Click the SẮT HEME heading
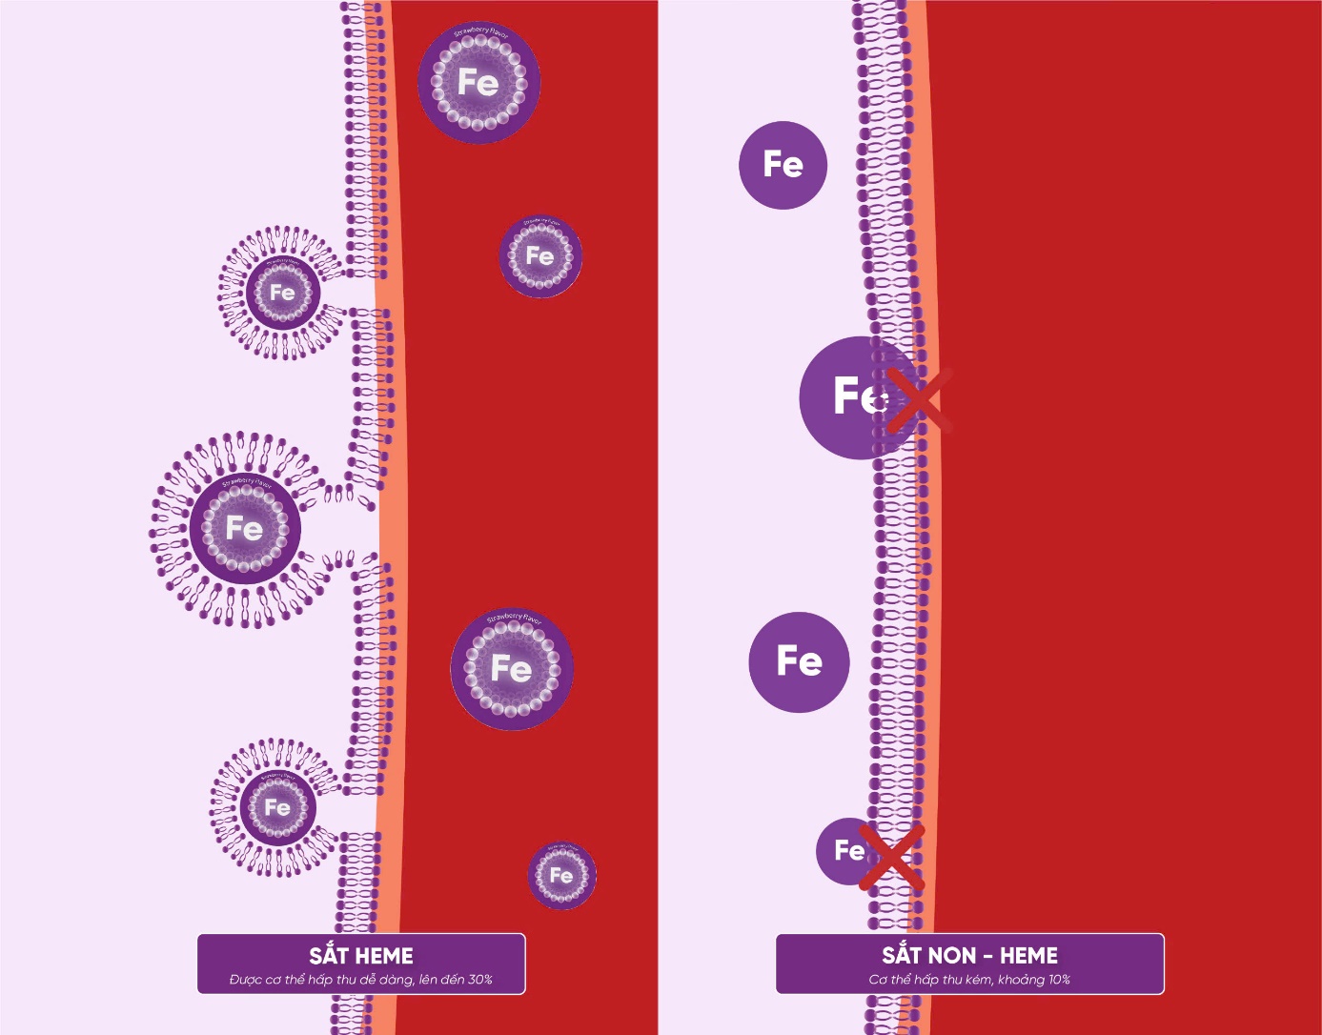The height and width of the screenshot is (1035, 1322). click(x=361, y=956)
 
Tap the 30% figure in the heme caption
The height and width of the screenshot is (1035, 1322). click(x=479, y=980)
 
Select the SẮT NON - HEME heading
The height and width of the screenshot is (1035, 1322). click(x=969, y=956)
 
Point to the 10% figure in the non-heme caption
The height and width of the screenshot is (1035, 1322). click(x=1058, y=980)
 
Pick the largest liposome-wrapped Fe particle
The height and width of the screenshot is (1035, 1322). click(x=245, y=529)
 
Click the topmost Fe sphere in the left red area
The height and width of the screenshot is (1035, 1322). click(x=478, y=83)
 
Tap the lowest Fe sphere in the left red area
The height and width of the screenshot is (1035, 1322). click(x=562, y=875)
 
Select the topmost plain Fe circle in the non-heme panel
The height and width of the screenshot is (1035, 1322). click(x=783, y=165)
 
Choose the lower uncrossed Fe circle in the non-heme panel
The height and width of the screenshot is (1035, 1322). click(x=799, y=661)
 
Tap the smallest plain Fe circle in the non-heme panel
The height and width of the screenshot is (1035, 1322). click(x=845, y=850)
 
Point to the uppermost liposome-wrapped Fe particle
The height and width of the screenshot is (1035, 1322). click(x=282, y=293)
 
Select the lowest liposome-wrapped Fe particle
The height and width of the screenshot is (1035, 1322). click(x=277, y=807)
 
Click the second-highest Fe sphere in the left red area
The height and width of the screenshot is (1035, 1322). click(x=540, y=255)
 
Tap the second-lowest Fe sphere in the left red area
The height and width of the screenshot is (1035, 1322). click(x=512, y=669)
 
